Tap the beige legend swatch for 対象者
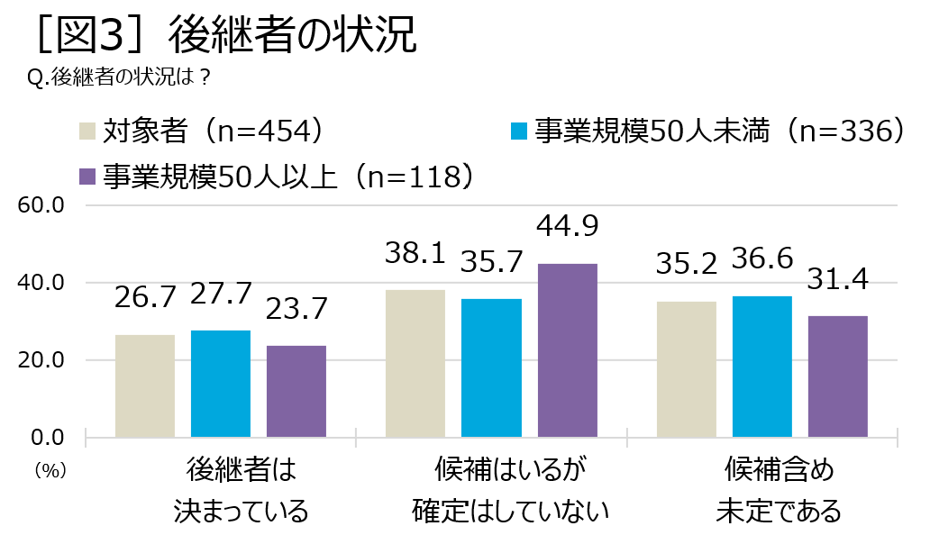[87, 131]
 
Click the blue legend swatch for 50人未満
[517, 131]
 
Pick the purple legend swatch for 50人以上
[87, 176]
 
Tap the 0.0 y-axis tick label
[49, 438]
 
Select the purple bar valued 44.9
[567, 350]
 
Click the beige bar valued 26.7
[145, 385]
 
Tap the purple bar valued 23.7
[296, 391]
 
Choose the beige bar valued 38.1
[415, 363]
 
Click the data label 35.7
[491, 262]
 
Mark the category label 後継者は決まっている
[241, 491]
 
